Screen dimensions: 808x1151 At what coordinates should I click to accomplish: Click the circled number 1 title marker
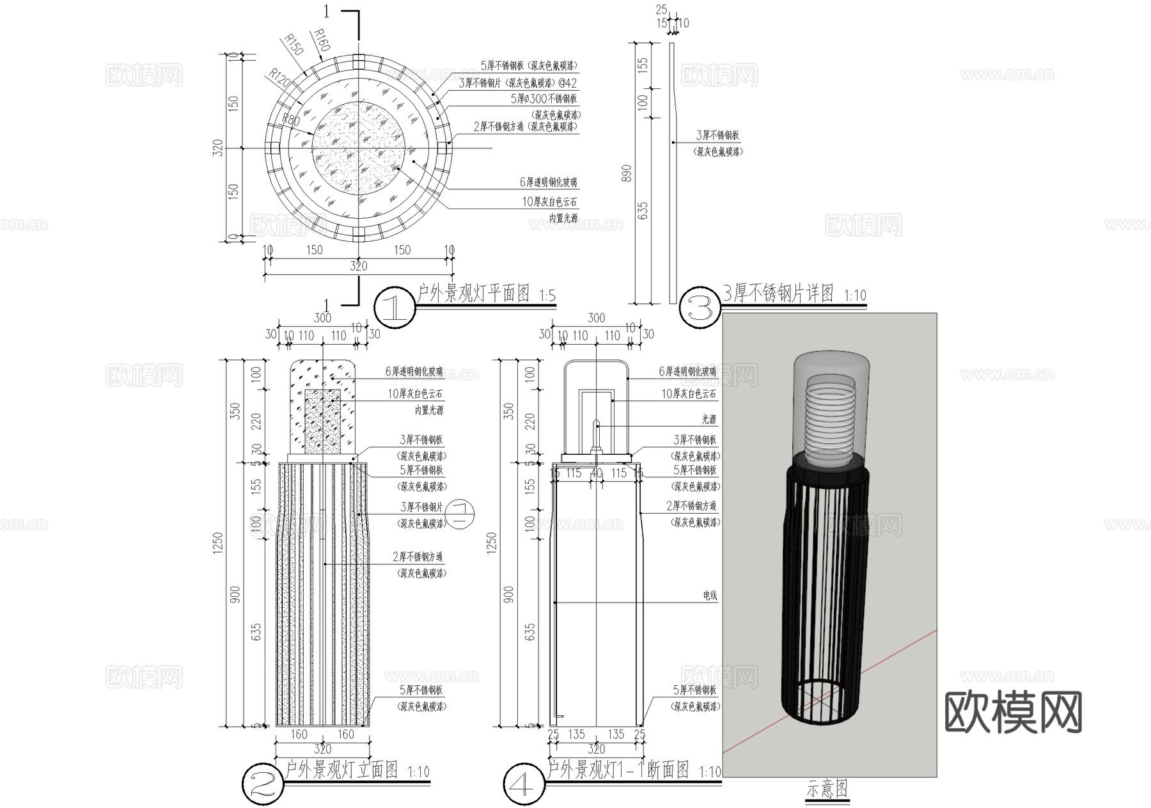[x=395, y=308]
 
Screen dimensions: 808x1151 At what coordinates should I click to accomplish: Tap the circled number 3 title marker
[x=700, y=308]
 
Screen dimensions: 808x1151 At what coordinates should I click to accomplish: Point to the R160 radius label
[x=322, y=40]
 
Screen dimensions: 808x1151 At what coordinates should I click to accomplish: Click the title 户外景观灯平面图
[x=473, y=294]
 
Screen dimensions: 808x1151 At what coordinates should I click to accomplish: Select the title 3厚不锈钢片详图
[x=778, y=294]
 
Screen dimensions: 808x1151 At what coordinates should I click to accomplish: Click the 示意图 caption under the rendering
[x=827, y=789]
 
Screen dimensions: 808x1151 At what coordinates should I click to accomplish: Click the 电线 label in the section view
[x=710, y=596]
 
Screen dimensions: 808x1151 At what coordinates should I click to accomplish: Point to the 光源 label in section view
[x=709, y=420]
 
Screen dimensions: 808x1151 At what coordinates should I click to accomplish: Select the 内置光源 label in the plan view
[x=563, y=219]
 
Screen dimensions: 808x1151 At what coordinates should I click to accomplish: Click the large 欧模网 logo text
[x=1013, y=712]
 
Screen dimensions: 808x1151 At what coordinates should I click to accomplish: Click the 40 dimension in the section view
[x=596, y=473]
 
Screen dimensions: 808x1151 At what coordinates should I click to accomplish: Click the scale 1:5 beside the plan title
[x=547, y=296]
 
